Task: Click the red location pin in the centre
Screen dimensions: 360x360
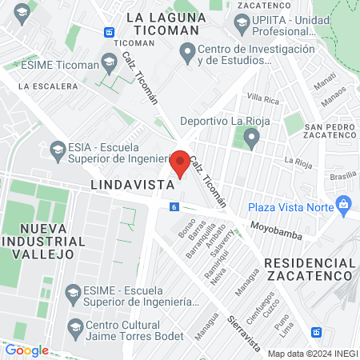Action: click(181, 163)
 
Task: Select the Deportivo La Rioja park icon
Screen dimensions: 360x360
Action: click(251, 141)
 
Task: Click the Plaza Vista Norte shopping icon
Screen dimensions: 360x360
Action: click(344, 203)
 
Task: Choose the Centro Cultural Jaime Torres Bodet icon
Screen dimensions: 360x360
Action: click(74, 326)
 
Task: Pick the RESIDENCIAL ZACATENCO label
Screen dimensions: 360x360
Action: click(310, 269)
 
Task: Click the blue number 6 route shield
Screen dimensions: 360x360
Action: click(174, 206)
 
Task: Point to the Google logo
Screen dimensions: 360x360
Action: click(26, 350)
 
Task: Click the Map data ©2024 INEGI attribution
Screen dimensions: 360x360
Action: click(312, 354)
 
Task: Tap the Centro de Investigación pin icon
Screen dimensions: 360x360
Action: click(187, 54)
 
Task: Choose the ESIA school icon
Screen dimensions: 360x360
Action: click(58, 149)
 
